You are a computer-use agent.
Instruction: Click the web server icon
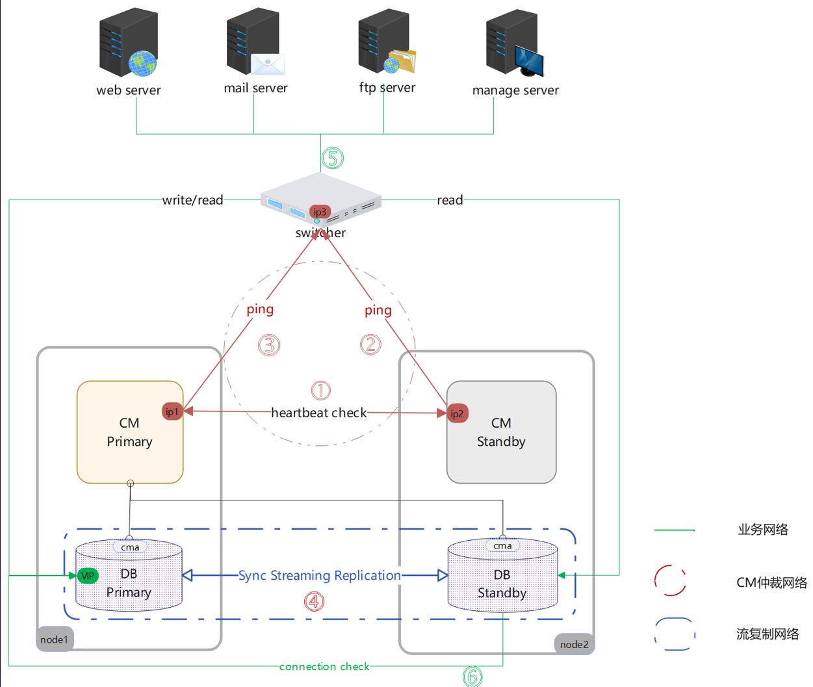(128, 43)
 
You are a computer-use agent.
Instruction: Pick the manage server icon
(514, 43)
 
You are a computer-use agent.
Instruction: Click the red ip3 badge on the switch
(320, 212)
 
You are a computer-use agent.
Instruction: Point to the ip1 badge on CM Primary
(172, 411)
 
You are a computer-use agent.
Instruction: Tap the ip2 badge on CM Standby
(457, 413)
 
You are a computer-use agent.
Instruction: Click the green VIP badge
(87, 576)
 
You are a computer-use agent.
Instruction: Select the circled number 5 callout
(333, 158)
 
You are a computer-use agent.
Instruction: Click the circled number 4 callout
(315, 601)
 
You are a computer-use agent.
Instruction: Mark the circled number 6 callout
(472, 677)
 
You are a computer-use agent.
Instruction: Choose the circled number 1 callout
(320, 390)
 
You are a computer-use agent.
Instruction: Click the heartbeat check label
(318, 413)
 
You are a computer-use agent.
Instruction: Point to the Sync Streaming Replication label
(319, 575)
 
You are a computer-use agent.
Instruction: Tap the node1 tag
(55, 640)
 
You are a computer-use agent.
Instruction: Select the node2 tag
(574, 644)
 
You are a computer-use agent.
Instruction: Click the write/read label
(192, 200)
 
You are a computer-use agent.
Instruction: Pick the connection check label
(324, 666)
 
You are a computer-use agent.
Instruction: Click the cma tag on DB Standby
(502, 546)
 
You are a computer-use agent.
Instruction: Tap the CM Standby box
(501, 432)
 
